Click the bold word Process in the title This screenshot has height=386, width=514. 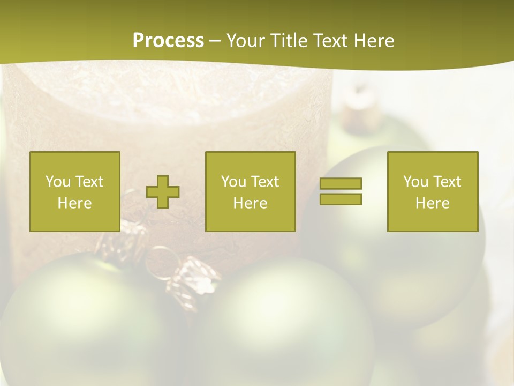168,41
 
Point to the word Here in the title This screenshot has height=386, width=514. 373,41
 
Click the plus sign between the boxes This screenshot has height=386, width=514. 163,192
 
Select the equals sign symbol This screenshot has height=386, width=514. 341,191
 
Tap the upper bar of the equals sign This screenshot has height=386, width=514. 341,183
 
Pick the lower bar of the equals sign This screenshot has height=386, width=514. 341,199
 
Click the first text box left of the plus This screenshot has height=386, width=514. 75,191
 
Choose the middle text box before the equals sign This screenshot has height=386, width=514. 251,191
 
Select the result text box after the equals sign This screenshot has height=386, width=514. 433,191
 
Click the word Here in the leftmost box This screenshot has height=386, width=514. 74,203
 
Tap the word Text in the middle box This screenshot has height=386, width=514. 264,182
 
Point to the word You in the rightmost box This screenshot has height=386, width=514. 415,182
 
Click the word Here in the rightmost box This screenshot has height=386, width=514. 433,203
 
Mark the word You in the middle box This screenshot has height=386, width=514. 233,182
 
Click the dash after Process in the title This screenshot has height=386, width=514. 215,41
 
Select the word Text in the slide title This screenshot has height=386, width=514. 329,41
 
